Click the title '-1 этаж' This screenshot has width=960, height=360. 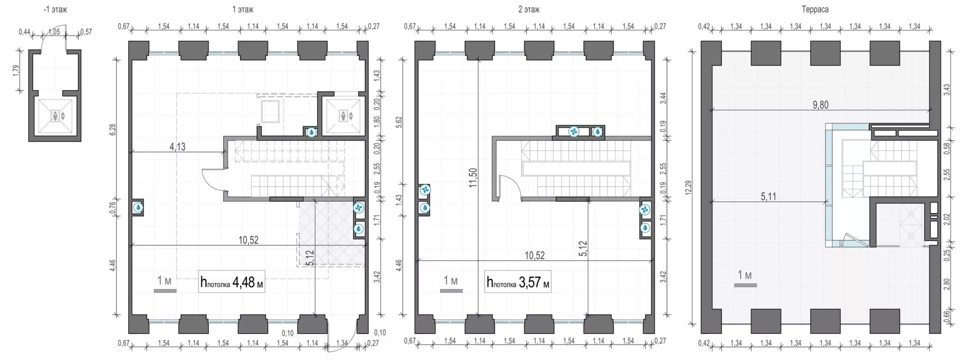[x=55, y=9]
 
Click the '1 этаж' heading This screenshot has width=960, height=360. [x=243, y=9]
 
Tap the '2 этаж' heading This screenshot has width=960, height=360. [x=529, y=9]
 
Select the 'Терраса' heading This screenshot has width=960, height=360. [x=815, y=9]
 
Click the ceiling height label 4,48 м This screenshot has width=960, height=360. [x=232, y=282]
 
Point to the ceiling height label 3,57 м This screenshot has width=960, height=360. [x=518, y=282]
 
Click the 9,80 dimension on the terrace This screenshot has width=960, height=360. [x=820, y=104]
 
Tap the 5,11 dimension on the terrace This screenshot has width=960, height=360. [x=768, y=196]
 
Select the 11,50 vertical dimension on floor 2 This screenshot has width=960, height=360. [x=472, y=177]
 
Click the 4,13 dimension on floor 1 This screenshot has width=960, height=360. [x=177, y=146]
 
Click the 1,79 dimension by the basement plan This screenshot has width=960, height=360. [x=16, y=70]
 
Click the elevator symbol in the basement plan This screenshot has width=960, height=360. [x=55, y=116]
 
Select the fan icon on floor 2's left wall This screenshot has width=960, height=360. [x=424, y=190]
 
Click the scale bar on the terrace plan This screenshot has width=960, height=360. [x=745, y=285]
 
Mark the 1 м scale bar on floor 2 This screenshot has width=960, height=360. [x=451, y=290]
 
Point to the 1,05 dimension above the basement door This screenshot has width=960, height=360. [x=53, y=32]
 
